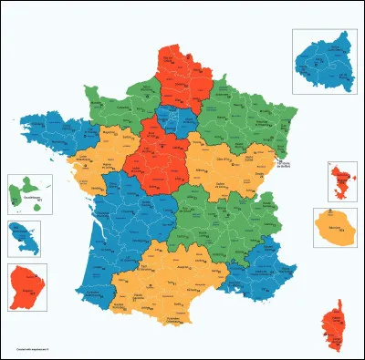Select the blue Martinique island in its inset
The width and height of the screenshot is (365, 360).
[x=22, y=240]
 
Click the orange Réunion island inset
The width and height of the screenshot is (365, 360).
[x=335, y=227]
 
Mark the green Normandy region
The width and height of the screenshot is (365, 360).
[x=123, y=100]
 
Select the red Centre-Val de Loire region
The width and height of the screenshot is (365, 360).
[x=155, y=155]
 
